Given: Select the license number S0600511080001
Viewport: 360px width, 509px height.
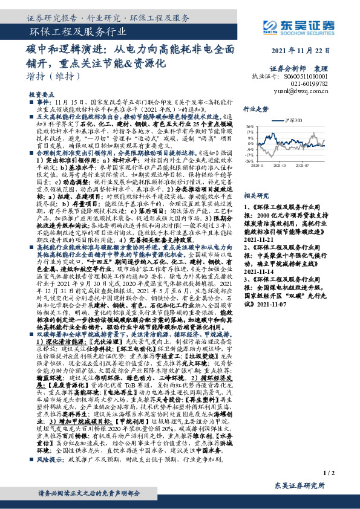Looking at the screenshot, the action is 306,77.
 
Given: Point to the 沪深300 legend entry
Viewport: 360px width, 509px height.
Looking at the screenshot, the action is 293,121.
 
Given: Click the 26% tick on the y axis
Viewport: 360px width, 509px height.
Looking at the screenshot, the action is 249,128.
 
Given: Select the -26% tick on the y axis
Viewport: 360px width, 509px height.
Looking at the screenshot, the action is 248,161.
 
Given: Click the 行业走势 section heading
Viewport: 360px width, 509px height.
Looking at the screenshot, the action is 255,109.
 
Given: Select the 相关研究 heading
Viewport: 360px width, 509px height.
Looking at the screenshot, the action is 255,196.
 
